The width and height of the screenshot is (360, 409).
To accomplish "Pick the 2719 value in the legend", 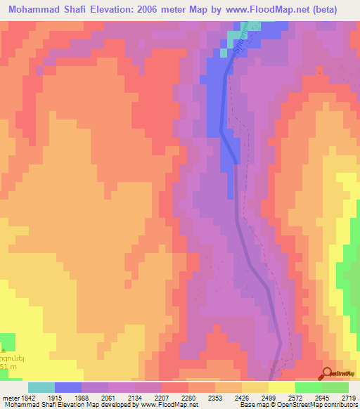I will coord(348,398).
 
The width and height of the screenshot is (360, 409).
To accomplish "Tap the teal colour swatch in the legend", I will coord(41,387).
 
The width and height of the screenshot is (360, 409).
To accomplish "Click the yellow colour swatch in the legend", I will coord(282,387).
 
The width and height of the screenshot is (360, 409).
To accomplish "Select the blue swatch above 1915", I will coord(68,387).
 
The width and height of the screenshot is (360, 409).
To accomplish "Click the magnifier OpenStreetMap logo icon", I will coord(328,373).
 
